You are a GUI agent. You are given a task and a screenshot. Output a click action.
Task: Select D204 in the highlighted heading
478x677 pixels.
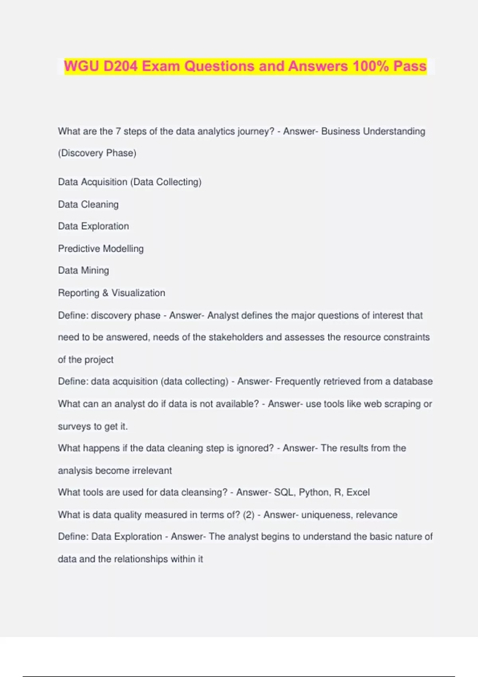[x=120, y=66]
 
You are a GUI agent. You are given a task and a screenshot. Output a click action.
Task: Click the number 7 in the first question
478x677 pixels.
[x=118, y=131]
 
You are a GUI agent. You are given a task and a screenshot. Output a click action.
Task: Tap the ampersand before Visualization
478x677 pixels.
[x=105, y=293]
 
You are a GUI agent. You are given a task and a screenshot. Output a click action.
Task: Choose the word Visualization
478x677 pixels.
[x=138, y=293]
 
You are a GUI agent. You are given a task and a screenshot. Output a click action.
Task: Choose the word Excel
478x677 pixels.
[x=358, y=493]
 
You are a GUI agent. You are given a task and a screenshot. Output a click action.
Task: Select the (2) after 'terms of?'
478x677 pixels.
[x=249, y=515]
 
